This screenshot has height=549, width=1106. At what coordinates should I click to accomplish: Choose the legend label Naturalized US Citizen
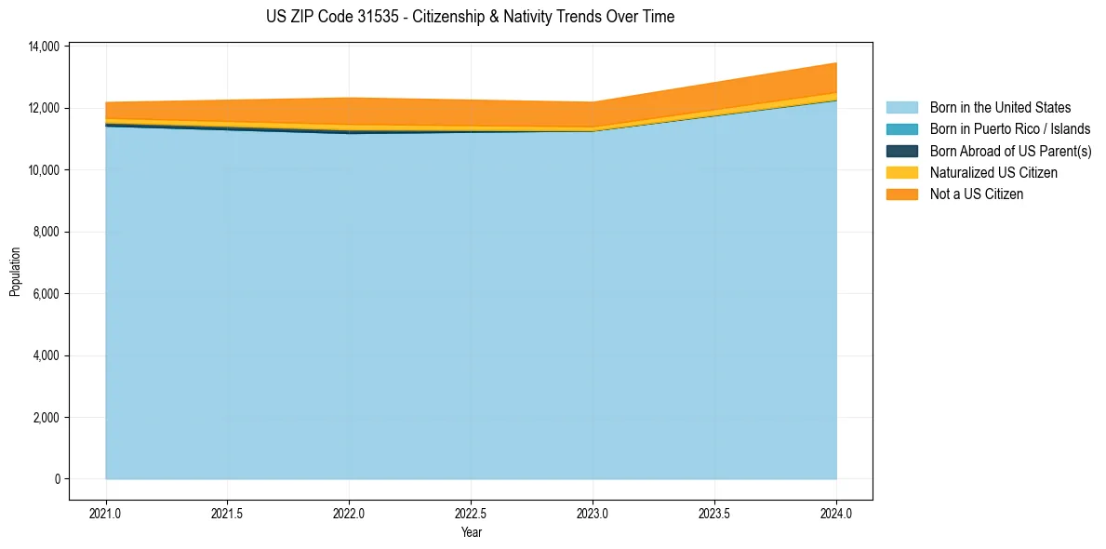point(993,172)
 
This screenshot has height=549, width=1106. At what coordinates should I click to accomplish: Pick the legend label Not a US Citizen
point(977,194)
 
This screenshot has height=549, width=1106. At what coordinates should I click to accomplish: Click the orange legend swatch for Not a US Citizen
point(901,194)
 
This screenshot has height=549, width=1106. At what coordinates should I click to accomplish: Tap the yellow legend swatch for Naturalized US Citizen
point(901,172)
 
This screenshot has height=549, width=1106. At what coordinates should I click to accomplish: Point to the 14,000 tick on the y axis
point(45,47)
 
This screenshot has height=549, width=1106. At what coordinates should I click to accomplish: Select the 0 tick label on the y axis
point(57,479)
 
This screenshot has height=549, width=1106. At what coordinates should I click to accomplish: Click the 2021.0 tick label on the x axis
point(106,513)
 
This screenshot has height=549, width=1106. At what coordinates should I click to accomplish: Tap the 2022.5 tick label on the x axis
point(471,513)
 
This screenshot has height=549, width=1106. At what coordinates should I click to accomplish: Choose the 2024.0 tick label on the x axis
point(836,513)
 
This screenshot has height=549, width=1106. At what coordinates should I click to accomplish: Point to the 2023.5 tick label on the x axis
point(714,513)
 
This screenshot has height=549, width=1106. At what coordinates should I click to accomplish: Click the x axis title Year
point(472,532)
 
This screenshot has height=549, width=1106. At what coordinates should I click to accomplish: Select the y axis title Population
point(15,272)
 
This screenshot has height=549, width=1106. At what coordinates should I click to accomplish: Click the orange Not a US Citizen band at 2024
point(833,78)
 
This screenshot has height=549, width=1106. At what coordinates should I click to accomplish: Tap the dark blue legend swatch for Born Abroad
point(901,151)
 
